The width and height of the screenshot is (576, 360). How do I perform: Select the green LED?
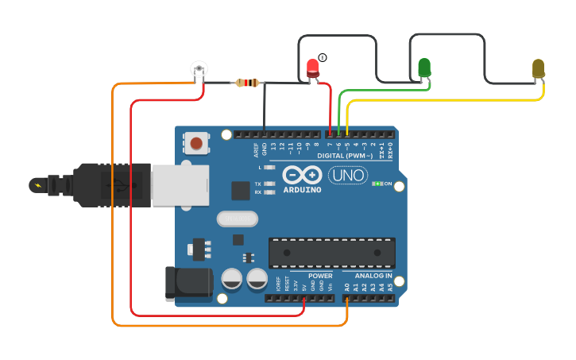[x=424, y=68]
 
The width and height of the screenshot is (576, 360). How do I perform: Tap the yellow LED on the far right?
[x=538, y=68]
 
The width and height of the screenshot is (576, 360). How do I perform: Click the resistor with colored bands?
[x=248, y=83]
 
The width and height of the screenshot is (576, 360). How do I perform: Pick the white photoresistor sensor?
[x=199, y=70]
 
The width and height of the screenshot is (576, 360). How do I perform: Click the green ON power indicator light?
[x=377, y=184]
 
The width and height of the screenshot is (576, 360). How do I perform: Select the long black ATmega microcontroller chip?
[x=331, y=253]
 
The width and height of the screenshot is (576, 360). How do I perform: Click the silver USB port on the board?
[x=180, y=185]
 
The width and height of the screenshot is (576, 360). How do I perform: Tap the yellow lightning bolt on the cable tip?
[x=37, y=185]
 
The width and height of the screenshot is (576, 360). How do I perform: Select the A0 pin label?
[x=347, y=287]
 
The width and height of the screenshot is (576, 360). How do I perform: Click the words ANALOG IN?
[x=373, y=276]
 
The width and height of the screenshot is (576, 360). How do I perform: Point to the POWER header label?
[x=320, y=276]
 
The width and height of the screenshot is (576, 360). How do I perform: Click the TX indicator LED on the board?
[x=269, y=184]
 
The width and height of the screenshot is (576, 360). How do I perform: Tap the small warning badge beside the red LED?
[x=323, y=57]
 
